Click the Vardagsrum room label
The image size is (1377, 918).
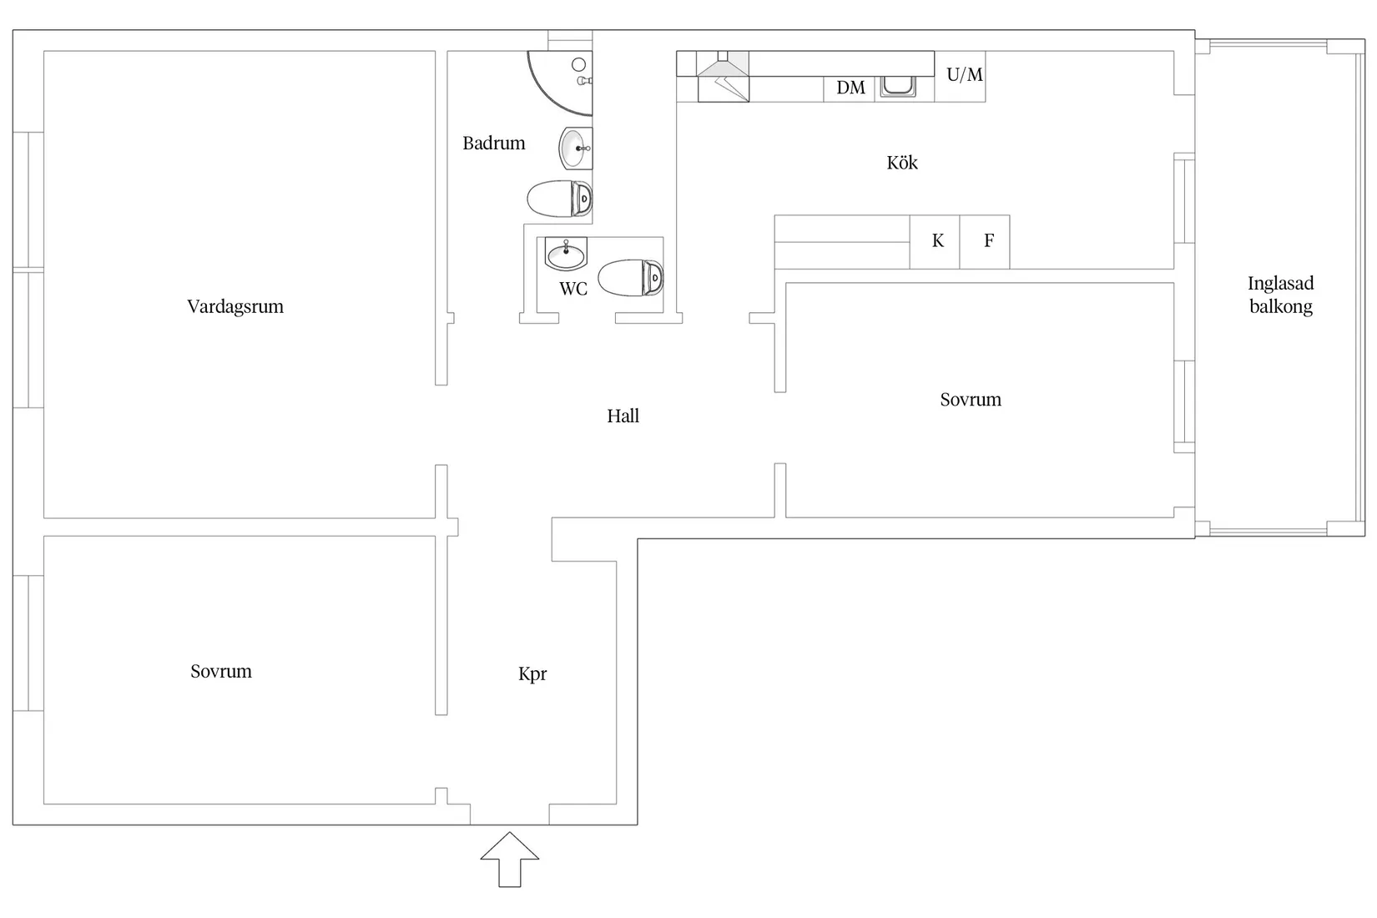tap(235, 306)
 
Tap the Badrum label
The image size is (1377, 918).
tap(494, 144)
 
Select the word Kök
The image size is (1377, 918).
tap(902, 163)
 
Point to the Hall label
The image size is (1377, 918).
tap(623, 416)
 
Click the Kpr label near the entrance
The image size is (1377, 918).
tap(532, 674)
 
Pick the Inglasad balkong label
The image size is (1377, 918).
tap(1280, 295)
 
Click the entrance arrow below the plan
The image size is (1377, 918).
tap(510, 860)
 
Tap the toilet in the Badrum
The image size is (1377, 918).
tap(559, 199)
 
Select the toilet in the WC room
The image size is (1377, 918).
tap(631, 278)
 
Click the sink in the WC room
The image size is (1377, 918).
tap(566, 254)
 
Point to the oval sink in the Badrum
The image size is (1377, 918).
tap(575, 149)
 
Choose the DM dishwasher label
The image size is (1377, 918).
tap(850, 88)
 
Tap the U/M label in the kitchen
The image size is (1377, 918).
tap(965, 75)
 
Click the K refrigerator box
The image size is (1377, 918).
tap(935, 242)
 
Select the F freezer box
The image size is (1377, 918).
tap(985, 242)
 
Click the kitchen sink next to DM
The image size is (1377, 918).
tap(898, 87)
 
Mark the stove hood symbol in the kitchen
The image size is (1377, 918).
tap(723, 77)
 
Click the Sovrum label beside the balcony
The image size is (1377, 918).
tap(971, 400)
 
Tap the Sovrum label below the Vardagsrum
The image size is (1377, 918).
tap(221, 671)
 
